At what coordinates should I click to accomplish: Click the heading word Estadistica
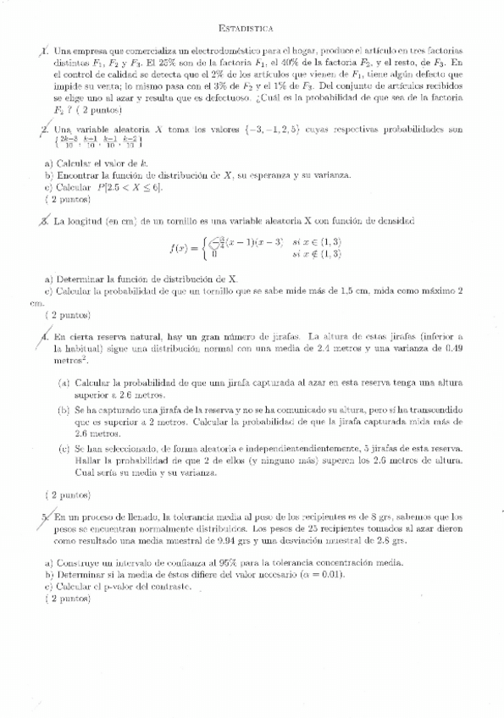click(x=252, y=28)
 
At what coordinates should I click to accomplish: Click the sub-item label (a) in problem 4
click(x=64, y=383)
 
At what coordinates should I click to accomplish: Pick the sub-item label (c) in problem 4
click(x=64, y=449)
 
